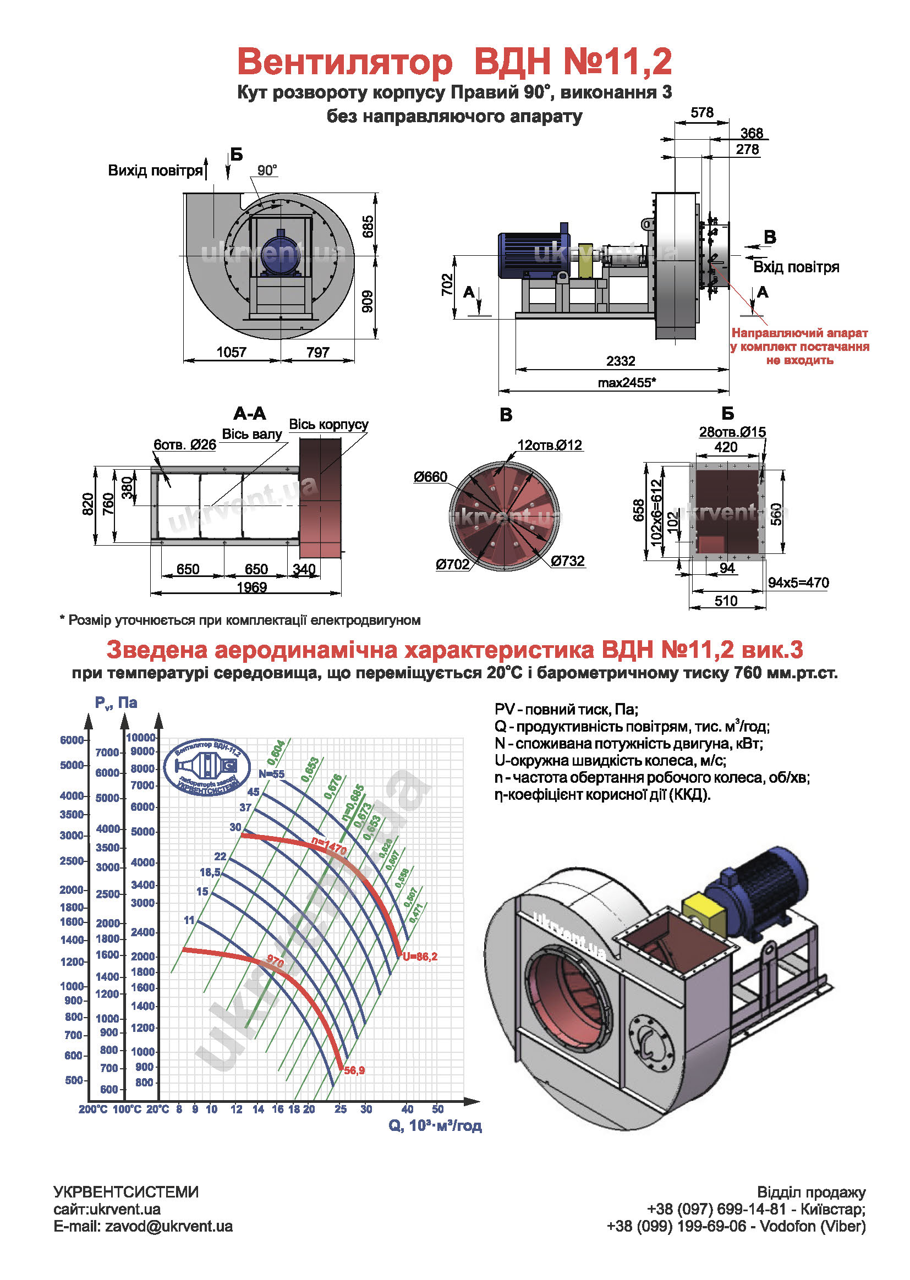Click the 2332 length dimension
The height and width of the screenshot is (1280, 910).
620,361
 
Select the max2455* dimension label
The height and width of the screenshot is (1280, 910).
627,383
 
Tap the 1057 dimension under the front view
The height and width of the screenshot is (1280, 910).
232,352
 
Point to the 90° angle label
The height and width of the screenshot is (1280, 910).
267,171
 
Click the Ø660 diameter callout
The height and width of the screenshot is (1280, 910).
430,477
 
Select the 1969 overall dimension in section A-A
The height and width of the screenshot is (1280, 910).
251,587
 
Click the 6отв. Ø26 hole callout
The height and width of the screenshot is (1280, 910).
185,445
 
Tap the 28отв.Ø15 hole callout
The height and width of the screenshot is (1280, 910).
732,432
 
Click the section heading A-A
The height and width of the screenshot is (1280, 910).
250,414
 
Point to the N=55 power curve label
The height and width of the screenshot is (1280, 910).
272,774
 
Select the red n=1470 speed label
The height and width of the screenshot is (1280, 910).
329,846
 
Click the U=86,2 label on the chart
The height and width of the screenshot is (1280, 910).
420,957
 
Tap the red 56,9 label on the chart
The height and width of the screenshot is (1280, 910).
354,1070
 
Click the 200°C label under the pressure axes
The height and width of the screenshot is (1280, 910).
93,1109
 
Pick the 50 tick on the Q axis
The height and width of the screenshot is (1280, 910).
437,1109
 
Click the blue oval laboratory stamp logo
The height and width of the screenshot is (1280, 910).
207,767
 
